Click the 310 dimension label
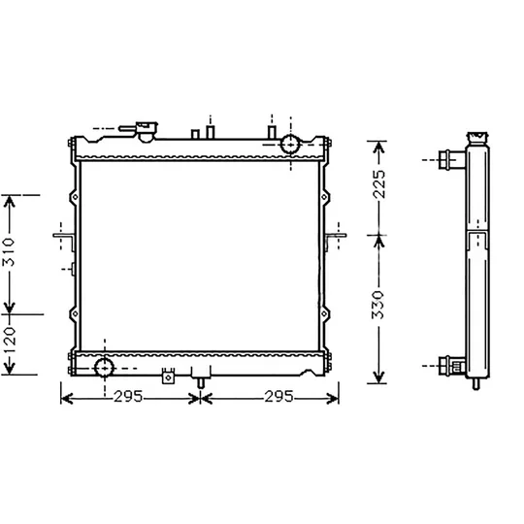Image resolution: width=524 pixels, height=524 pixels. coord(9,251)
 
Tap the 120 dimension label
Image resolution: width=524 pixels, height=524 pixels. coord(9,341)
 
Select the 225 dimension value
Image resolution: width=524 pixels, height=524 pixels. coord(379,184)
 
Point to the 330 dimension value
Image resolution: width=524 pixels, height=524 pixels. coord(379,305)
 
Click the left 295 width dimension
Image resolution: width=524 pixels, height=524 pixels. coord(128,397)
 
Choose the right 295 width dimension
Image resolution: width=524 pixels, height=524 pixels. coord(278,397)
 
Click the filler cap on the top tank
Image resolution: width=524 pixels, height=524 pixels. coord(147,131)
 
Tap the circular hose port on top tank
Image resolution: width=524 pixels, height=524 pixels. coord(290,145)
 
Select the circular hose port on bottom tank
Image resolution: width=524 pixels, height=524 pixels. coord(105,368)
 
